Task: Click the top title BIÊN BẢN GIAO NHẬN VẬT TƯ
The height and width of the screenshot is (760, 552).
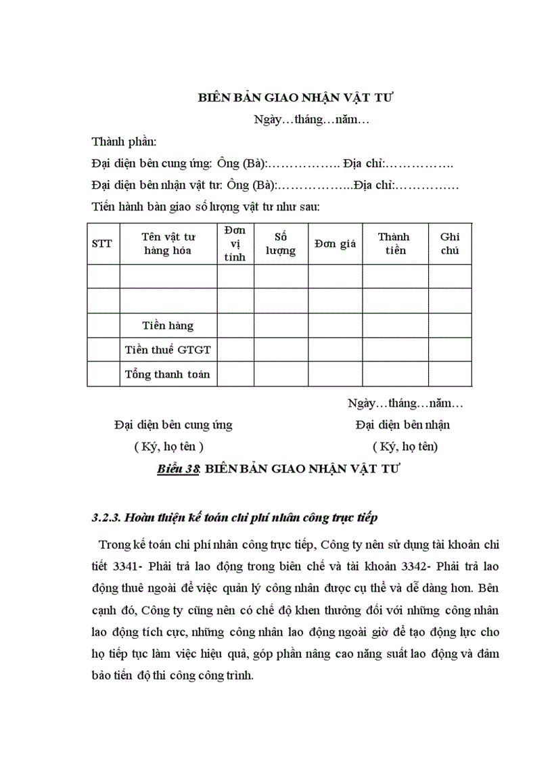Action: coord(296,97)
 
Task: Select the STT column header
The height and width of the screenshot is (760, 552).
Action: coord(103,244)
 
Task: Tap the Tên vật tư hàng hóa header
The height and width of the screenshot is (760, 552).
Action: coord(168,244)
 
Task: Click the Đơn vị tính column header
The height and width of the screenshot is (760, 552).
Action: coord(235,244)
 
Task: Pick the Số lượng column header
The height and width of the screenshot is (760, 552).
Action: coord(281,244)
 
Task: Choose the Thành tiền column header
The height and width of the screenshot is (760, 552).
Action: coord(394,244)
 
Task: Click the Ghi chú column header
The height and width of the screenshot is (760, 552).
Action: coord(450,244)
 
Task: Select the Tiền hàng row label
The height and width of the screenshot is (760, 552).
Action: coord(168,326)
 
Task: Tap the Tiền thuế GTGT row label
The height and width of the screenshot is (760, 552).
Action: coord(168,349)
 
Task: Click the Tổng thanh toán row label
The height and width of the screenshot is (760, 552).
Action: coord(168,374)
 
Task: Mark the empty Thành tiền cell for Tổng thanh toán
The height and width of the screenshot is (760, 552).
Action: coord(394,374)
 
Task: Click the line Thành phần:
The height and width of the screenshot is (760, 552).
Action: coord(124,142)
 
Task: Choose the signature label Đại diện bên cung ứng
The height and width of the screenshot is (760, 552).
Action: coord(173,425)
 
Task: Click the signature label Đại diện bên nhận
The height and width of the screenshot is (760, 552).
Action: coord(402,425)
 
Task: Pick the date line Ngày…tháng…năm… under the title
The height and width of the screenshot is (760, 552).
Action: coord(310,120)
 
